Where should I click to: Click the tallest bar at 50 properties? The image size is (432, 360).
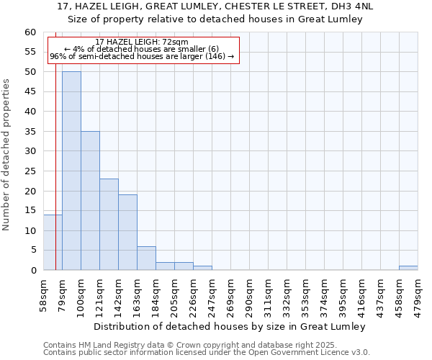tap(71, 171)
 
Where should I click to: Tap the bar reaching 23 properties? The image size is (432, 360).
tap(109, 224)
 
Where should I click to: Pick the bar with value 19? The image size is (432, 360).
tap(127, 232)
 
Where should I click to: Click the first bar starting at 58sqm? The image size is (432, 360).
tap(53, 242)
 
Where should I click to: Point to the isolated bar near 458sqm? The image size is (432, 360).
tap(408, 268)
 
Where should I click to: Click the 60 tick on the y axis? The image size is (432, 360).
tap(30, 32)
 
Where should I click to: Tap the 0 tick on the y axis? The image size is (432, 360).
tap(33, 271)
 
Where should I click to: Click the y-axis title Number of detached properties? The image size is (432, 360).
tap(7, 155)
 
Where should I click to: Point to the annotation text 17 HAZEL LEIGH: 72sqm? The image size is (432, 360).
tap(142, 42)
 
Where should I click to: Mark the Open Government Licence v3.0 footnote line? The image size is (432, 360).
tap(207, 353)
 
